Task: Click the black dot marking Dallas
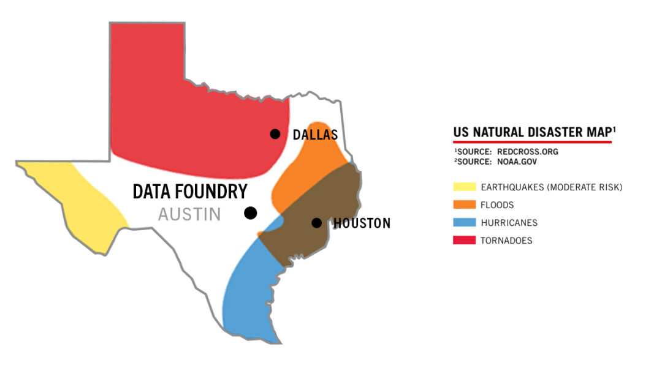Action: click(x=275, y=134)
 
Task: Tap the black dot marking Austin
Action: click(x=250, y=213)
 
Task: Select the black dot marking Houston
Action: click(x=316, y=223)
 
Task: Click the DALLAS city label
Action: click(x=315, y=135)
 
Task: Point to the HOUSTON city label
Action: click(x=362, y=223)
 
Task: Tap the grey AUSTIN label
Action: click(x=189, y=215)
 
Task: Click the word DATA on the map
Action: click(x=154, y=192)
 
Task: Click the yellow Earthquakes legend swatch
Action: click(x=464, y=187)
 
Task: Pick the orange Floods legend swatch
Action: click(x=464, y=205)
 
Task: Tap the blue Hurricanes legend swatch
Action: click(x=464, y=223)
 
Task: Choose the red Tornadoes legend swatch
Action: click(x=464, y=241)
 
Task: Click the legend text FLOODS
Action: click(x=497, y=205)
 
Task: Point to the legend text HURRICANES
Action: click(x=509, y=223)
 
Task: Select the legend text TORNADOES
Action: click(x=507, y=241)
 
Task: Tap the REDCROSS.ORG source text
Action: click(x=528, y=152)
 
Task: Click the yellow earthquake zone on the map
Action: click(x=80, y=202)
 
